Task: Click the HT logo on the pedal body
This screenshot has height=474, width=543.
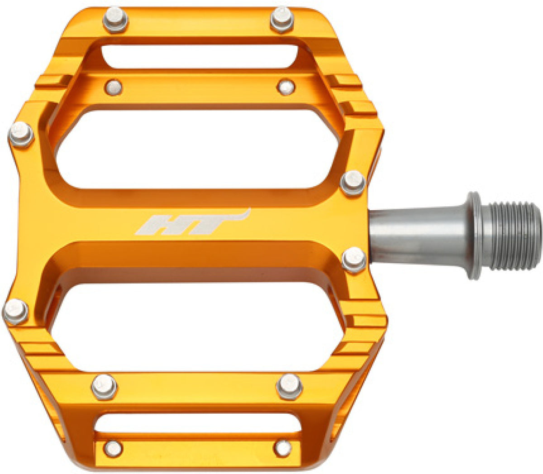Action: click(192, 222)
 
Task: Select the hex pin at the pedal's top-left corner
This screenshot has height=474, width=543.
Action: click(115, 20)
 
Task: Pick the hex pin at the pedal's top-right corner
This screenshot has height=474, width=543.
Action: click(282, 19)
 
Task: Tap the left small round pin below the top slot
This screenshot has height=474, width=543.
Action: click(114, 87)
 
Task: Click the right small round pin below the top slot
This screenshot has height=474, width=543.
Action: click(286, 87)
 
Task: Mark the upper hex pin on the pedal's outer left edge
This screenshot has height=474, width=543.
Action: click(21, 135)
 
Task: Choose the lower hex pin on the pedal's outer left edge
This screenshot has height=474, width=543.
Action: click(15, 311)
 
